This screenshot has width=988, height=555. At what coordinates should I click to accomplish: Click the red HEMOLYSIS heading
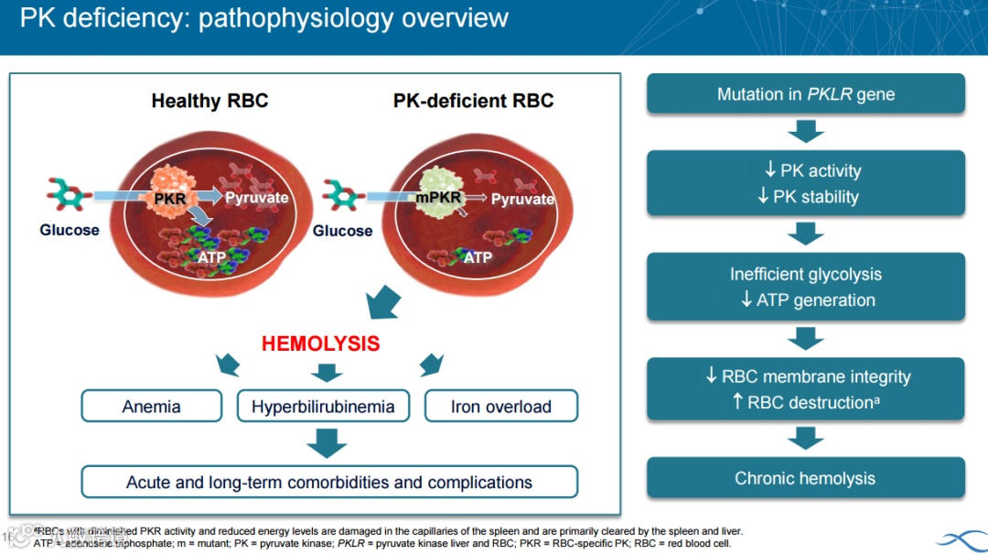[x=320, y=344]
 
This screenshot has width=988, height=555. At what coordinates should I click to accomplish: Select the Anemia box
[x=152, y=406]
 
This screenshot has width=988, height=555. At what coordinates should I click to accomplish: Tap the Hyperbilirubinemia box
[x=323, y=406]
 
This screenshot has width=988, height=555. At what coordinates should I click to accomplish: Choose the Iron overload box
[x=500, y=406]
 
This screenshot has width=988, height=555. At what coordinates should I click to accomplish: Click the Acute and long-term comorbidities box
[x=329, y=482]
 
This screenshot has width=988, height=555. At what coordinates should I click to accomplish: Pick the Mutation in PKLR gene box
[x=805, y=94]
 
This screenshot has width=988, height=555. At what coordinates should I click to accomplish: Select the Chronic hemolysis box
[x=805, y=478]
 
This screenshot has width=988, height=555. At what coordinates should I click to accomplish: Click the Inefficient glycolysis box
[x=805, y=287]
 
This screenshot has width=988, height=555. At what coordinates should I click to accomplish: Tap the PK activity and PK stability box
[x=805, y=183]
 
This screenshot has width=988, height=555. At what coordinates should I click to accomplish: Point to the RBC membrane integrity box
[x=805, y=389]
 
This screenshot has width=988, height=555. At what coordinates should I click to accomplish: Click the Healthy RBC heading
[x=209, y=101]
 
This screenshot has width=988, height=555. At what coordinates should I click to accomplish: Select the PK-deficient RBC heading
[x=473, y=101]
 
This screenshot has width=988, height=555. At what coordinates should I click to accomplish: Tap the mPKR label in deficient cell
[x=437, y=196]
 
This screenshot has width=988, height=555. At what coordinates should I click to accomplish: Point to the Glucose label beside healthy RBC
[x=70, y=230]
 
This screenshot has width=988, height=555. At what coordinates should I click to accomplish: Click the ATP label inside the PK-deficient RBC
[x=478, y=258]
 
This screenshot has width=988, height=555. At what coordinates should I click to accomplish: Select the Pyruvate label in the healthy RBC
[x=257, y=198]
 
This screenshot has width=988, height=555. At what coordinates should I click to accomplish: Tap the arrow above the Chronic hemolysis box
[x=805, y=439]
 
